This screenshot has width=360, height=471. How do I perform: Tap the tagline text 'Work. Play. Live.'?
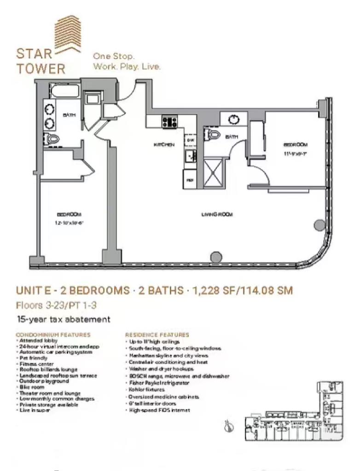[127, 67]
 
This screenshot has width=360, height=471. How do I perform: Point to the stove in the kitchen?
[169, 122]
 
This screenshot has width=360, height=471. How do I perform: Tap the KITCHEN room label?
[164, 145]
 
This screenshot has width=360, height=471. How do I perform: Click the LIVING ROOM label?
[217, 214]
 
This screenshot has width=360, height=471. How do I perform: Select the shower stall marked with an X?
[213, 173]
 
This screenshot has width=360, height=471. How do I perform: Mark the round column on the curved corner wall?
[319, 225]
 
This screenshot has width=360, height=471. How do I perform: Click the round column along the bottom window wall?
[215, 258]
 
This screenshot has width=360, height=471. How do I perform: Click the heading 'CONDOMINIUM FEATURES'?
[53, 335]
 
